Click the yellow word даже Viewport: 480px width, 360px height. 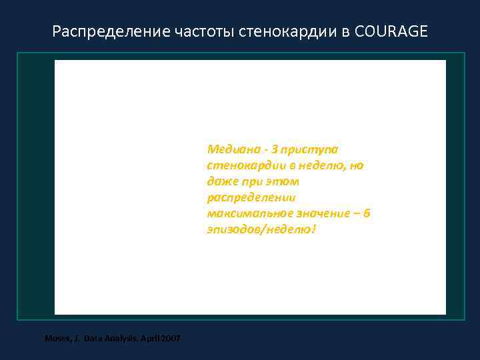tap(220, 181)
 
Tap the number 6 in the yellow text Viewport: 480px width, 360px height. tap(367, 213)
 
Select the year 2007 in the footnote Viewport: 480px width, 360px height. tap(169, 339)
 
